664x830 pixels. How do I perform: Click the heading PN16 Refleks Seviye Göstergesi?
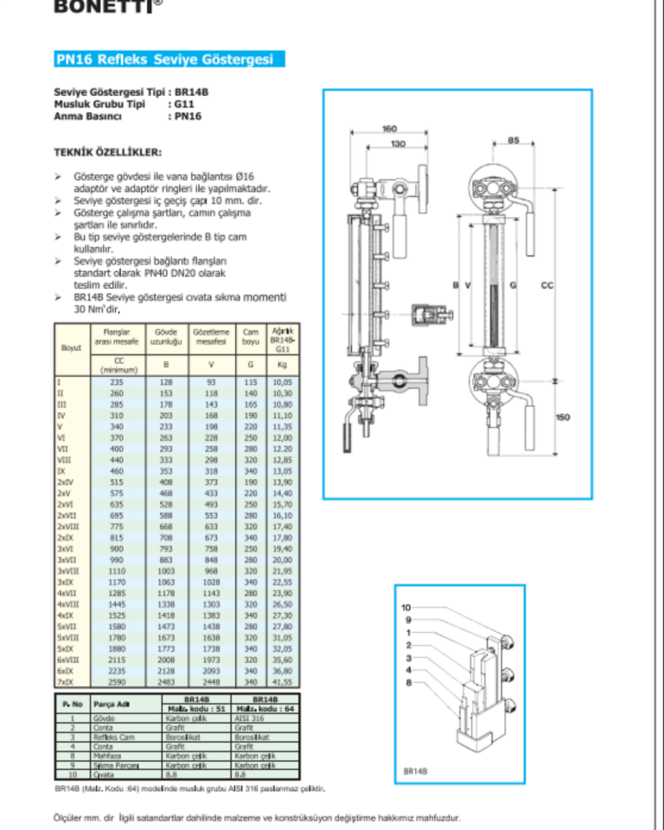coord(164,60)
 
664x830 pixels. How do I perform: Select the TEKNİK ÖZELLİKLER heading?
coord(107,151)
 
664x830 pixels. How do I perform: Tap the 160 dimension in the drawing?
coord(390,129)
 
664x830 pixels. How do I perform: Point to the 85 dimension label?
coord(513,140)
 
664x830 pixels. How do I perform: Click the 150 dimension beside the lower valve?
coord(563,417)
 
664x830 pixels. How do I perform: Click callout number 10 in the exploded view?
coord(406,608)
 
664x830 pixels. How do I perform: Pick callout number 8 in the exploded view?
coord(406,683)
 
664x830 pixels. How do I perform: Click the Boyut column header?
coord(71,348)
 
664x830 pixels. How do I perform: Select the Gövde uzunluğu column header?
coord(165,336)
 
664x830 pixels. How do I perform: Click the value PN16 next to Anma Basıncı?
coord(186,115)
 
